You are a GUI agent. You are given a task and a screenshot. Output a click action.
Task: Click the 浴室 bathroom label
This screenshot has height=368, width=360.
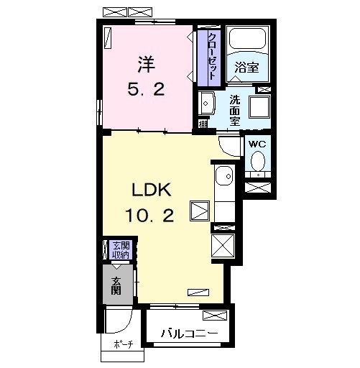[246, 68]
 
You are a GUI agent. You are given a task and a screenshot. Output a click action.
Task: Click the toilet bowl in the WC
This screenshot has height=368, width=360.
[258, 160]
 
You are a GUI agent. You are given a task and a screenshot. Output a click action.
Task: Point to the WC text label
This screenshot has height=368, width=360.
[257, 144]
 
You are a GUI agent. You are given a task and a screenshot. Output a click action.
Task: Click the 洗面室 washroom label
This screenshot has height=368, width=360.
[235, 111]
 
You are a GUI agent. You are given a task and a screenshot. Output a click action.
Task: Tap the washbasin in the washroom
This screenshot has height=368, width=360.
[207, 103]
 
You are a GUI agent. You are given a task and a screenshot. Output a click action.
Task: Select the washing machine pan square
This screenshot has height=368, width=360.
[259, 107]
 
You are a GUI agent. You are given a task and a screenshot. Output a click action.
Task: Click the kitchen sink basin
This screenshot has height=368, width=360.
[224, 175]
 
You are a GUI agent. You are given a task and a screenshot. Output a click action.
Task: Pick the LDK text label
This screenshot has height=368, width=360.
[152, 190]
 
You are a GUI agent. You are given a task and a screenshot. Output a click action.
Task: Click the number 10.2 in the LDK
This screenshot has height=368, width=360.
[149, 215]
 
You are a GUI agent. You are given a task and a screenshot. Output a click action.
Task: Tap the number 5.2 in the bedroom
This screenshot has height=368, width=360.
[146, 89]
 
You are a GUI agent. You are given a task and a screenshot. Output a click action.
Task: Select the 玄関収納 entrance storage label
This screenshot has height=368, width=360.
[121, 250]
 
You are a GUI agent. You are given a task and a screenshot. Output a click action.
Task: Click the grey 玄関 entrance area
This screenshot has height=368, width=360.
[118, 285]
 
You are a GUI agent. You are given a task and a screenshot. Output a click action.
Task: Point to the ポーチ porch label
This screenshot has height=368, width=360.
[124, 344]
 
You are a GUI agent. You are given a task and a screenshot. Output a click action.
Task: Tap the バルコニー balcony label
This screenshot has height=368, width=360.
[189, 333]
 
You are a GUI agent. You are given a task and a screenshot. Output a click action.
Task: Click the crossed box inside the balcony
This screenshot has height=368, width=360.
[215, 316]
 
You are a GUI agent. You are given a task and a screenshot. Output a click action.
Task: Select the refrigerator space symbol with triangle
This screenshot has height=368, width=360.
[200, 211]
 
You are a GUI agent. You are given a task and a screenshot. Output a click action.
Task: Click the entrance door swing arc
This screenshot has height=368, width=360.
[126, 326]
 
